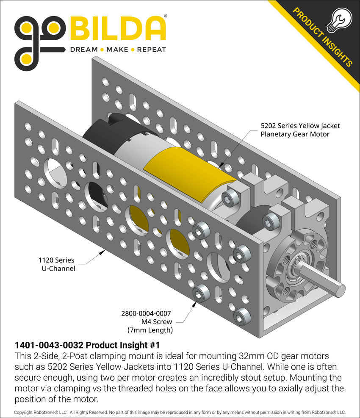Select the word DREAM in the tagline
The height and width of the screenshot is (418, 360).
(83, 50)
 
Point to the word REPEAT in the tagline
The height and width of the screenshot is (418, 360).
(151, 50)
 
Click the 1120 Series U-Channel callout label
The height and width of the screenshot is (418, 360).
(56, 264)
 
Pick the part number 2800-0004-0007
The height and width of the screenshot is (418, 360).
(146, 314)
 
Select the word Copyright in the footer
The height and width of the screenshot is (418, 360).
(25, 412)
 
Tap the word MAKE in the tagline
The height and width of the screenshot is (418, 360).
(117, 50)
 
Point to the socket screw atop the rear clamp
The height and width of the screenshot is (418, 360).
(231, 196)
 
